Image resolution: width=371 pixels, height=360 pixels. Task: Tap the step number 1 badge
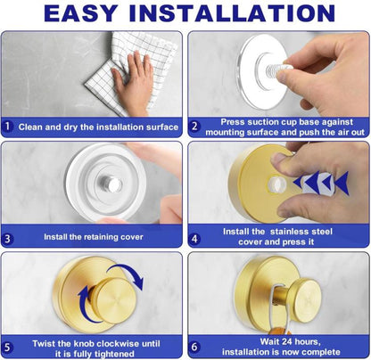pos(8,126)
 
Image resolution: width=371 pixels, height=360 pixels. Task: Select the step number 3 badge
pos(8,238)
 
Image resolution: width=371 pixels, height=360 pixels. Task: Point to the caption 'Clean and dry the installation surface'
pos(98,126)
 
